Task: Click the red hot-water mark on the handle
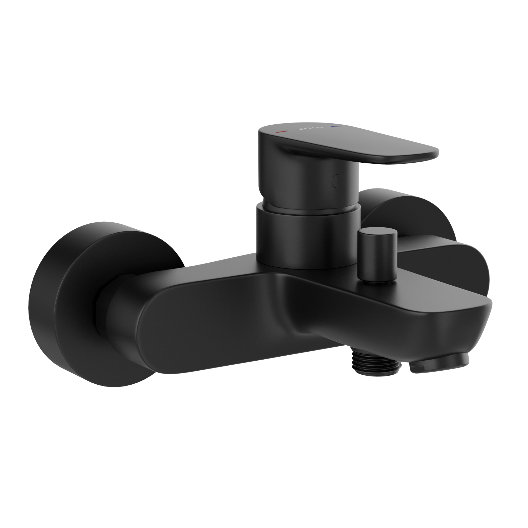[282, 132]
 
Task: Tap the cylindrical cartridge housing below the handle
[308, 236]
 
